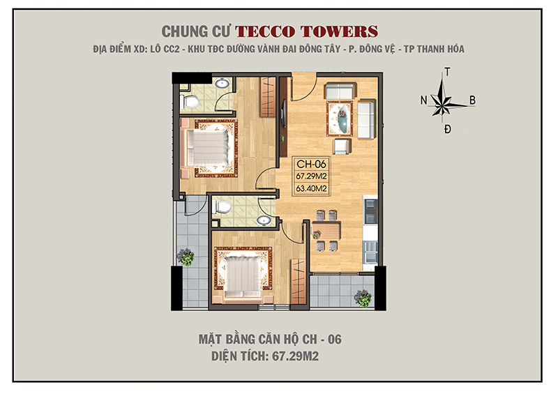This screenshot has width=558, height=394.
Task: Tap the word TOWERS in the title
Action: click(342, 31)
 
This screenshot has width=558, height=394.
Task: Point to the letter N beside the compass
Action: click(423, 100)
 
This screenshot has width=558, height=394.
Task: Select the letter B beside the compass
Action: click(472, 100)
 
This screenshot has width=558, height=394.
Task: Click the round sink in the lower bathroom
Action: click(264, 220)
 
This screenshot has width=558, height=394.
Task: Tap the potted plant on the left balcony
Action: click(186, 257)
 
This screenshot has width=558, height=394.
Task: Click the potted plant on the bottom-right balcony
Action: click(362, 298)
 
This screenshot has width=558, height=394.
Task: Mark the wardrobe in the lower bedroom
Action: click(299, 279)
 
